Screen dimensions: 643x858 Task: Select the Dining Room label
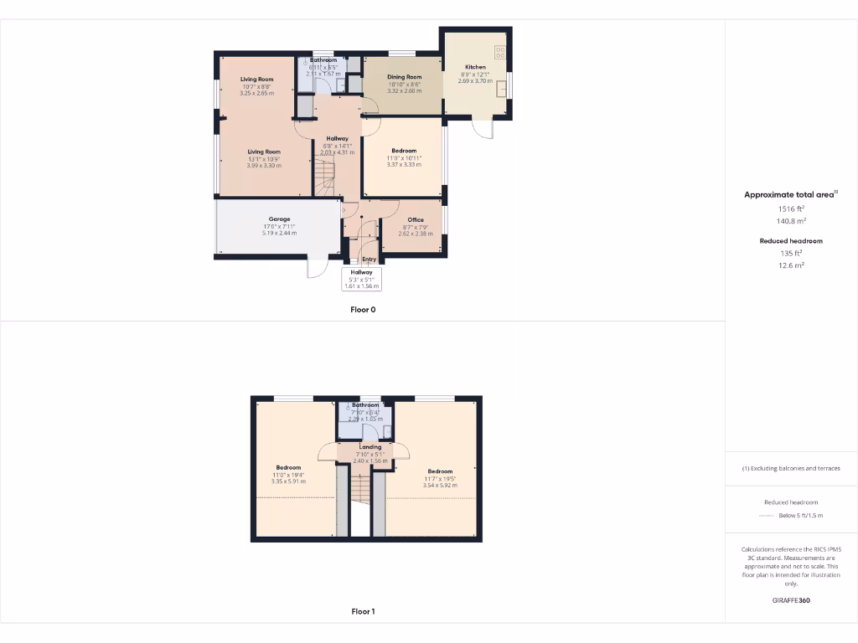point(404,77)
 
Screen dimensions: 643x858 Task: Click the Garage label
point(279,219)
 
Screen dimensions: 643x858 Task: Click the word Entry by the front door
point(369,260)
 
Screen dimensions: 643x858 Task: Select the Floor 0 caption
point(363,310)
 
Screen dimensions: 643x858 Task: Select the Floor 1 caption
point(363,612)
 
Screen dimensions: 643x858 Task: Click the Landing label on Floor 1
point(370,447)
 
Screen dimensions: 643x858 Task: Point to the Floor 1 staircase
point(359,489)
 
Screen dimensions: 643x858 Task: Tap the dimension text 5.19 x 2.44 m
point(279,233)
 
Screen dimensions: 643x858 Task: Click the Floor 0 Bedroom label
point(404,152)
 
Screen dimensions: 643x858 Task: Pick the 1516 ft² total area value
point(790,208)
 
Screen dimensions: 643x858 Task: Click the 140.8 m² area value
point(790,221)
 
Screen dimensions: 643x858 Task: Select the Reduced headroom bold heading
point(790,241)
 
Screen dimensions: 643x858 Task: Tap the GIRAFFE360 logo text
point(790,600)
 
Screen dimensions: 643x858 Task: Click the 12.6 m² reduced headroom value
point(790,265)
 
